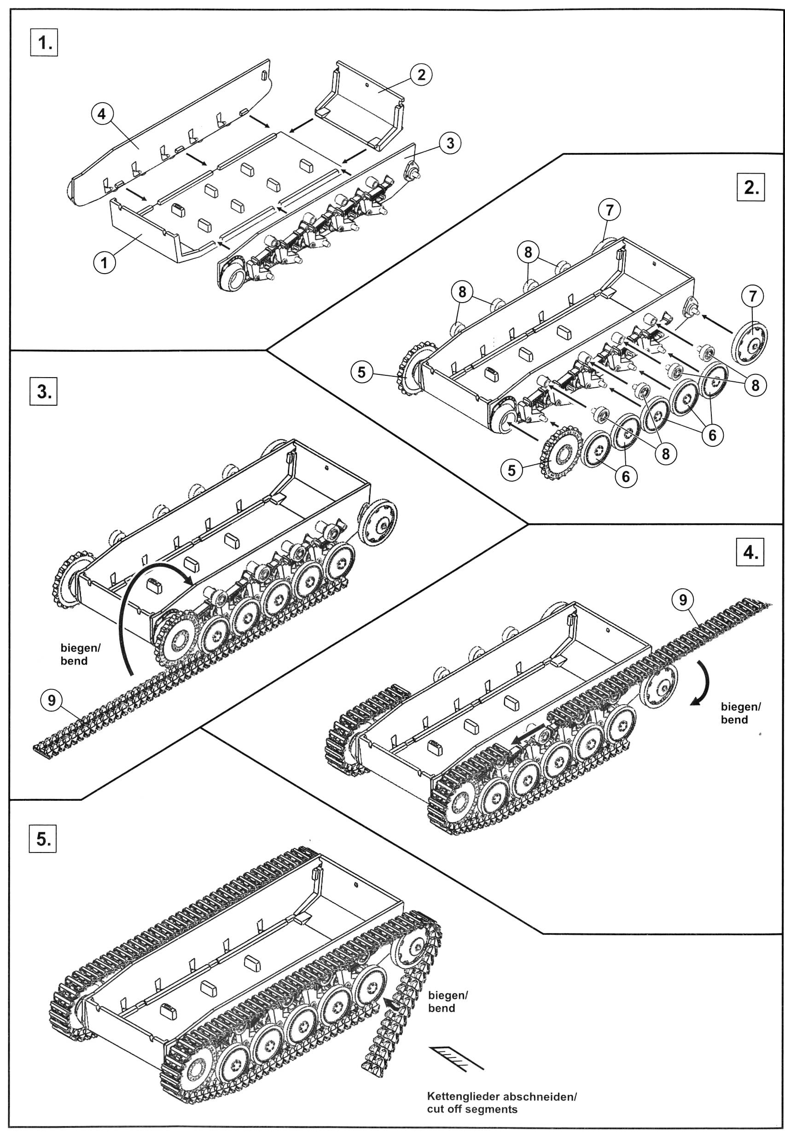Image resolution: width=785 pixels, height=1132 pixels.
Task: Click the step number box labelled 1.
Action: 44,43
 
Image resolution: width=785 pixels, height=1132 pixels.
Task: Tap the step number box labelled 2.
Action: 751,187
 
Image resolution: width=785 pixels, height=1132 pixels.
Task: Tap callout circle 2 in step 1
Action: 421,75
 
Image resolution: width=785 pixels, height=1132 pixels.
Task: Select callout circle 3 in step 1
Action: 449,143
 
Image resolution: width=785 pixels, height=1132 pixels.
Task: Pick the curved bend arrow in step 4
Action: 704,685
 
